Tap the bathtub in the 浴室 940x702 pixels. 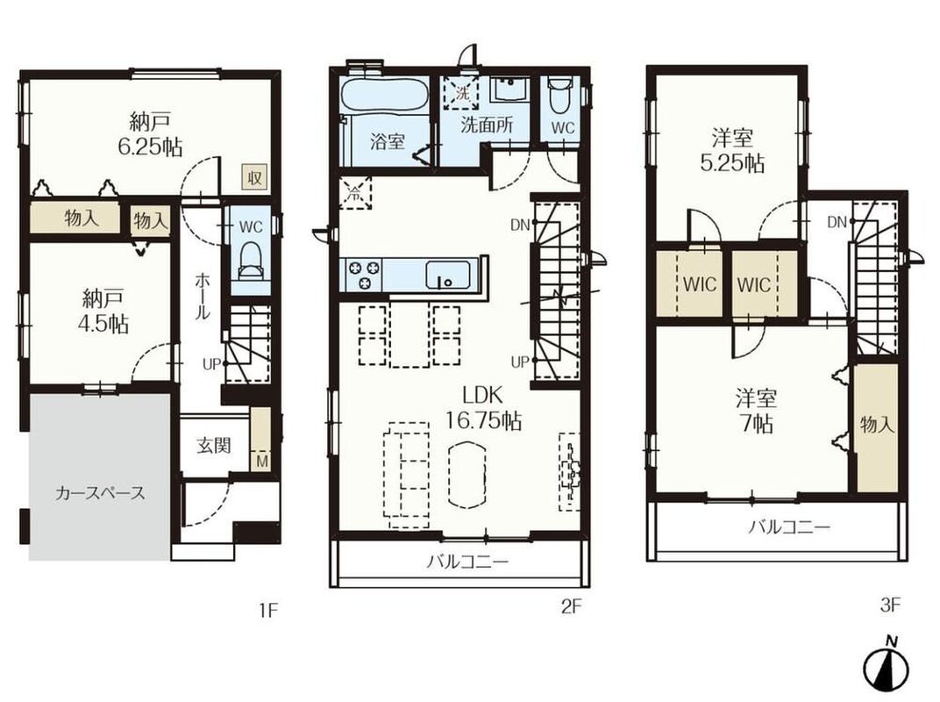click(x=384, y=96)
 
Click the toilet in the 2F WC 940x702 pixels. click(x=559, y=97)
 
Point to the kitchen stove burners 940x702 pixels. click(x=364, y=274)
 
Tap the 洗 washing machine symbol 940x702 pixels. click(x=461, y=94)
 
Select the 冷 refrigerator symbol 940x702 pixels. click(x=355, y=193)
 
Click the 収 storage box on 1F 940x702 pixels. click(x=254, y=177)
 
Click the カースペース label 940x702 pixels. click(x=100, y=493)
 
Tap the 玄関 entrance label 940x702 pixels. click(x=213, y=445)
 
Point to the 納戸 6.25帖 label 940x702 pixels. click(x=150, y=134)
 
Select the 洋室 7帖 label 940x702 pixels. click(x=756, y=411)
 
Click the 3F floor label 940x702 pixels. click(x=890, y=605)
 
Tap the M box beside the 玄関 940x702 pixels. click(x=262, y=461)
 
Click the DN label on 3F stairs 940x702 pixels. click(x=837, y=223)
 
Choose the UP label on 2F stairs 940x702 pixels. click(x=520, y=362)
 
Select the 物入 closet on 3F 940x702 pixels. click(x=877, y=427)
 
